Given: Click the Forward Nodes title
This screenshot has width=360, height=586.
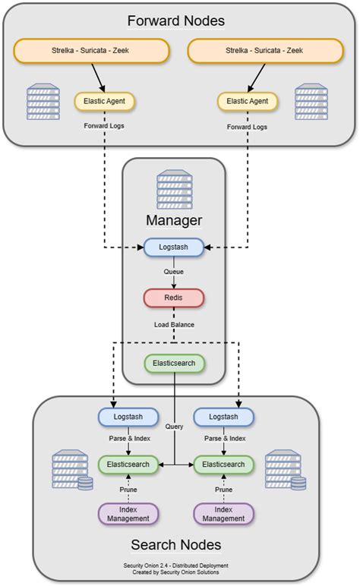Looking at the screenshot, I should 175,20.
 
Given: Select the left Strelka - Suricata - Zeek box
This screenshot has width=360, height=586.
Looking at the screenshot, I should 90,52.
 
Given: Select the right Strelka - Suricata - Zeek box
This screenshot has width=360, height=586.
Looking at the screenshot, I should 264,52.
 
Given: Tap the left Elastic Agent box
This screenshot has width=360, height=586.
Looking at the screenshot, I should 105,101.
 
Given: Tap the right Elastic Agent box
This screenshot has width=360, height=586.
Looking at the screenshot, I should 248,101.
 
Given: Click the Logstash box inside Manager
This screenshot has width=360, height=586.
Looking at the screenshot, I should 174,247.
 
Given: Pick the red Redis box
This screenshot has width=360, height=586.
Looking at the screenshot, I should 174,298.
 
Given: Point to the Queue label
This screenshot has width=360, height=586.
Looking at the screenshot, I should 174,272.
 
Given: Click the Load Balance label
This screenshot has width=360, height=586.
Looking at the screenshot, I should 174,324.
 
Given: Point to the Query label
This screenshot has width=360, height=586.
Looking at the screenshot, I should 175,427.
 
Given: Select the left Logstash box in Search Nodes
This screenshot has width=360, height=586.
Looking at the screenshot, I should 128,417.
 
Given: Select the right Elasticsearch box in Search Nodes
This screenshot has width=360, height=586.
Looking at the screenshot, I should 223,464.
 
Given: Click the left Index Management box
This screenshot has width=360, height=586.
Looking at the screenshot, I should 128,514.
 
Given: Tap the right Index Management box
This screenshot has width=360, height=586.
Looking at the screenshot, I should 223,514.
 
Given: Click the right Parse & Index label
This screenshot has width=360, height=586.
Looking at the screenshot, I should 223,439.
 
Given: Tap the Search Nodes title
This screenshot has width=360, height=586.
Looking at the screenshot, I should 175,544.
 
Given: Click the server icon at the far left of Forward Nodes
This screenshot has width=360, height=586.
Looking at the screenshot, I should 43,102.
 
